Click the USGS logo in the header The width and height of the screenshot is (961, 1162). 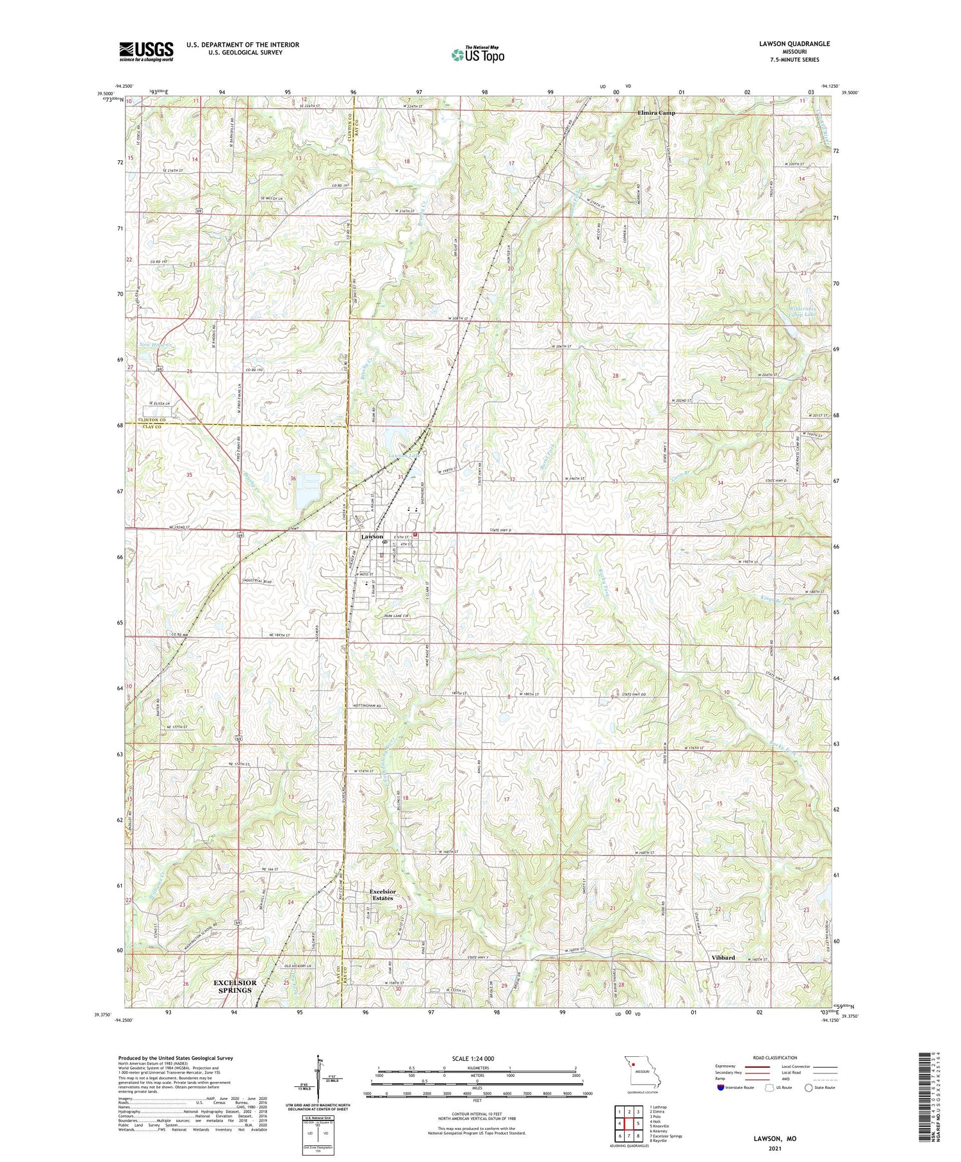146,51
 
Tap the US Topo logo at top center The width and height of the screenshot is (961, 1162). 477,54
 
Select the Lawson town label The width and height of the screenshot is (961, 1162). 372,536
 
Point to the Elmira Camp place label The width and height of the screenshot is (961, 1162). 656,113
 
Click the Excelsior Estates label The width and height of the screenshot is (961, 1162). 382,895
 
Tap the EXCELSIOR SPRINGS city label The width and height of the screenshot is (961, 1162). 235,986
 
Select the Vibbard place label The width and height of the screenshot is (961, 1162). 723,958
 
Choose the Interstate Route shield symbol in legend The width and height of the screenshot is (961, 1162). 721,1088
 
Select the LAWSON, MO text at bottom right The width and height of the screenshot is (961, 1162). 775,1138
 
